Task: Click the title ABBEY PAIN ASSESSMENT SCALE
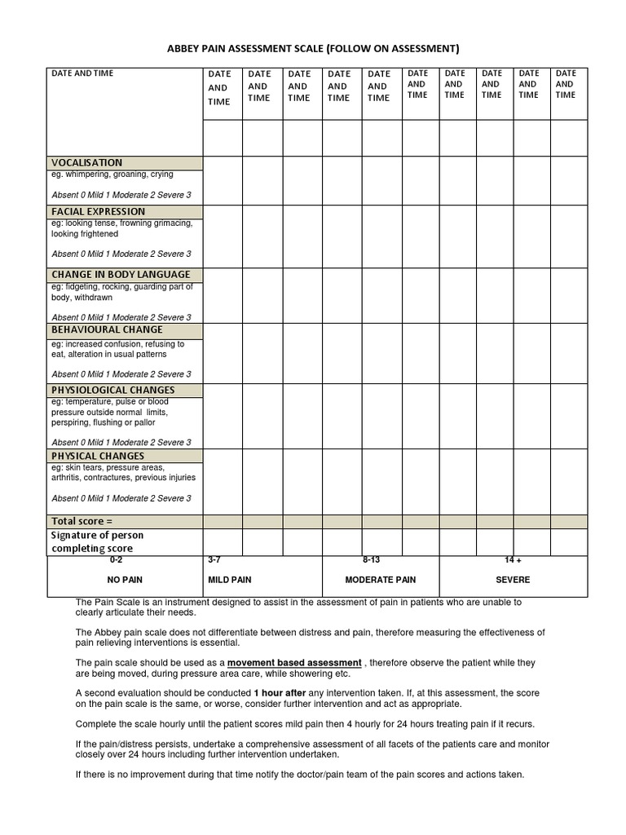click(x=313, y=48)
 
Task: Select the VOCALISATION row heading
click(x=87, y=162)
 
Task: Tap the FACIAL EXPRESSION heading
click(x=99, y=211)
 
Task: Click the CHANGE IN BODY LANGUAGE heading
click(x=121, y=274)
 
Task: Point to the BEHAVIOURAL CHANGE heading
click(x=107, y=329)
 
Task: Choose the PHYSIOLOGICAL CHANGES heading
click(x=113, y=390)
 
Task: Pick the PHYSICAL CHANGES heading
click(x=98, y=456)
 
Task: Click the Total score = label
click(x=82, y=521)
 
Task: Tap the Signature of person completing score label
click(x=98, y=541)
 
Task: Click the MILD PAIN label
click(x=230, y=580)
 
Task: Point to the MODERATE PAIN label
click(x=381, y=580)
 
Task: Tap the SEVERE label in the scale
click(x=513, y=580)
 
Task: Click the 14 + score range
click(x=513, y=560)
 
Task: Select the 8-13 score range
click(x=372, y=560)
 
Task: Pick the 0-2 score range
click(x=116, y=560)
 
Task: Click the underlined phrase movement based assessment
click(x=294, y=663)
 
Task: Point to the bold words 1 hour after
click(x=280, y=692)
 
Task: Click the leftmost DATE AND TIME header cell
click(x=82, y=73)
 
